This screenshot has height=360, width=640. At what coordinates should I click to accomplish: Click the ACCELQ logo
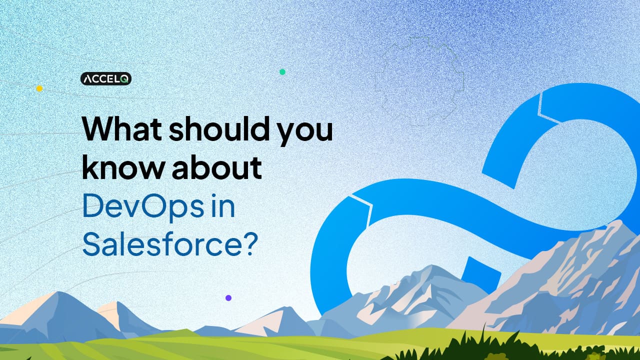pos(106,78)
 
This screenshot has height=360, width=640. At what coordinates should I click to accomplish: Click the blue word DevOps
pos(141,207)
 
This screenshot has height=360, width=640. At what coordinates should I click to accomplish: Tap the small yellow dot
pos(39,88)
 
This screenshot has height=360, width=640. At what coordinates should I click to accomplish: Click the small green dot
pos(282,72)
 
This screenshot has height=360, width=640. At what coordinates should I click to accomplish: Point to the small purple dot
pos(228,297)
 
